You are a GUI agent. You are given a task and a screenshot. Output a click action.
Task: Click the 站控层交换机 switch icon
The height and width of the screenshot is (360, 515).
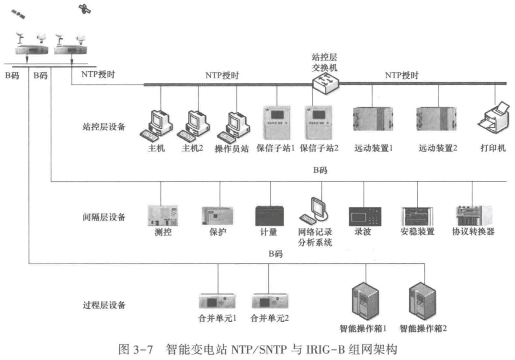pyautogui.click(x=324, y=84)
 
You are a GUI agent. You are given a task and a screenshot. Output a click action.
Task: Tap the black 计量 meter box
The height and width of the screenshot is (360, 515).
pyautogui.click(x=271, y=215)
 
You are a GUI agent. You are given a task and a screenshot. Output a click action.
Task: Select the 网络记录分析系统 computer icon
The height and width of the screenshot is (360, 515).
pyautogui.click(x=316, y=211)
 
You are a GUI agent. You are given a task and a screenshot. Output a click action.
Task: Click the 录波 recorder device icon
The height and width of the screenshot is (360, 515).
pyautogui.click(x=365, y=216)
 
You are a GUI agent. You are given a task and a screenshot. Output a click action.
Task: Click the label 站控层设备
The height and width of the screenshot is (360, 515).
pyautogui.click(x=104, y=127)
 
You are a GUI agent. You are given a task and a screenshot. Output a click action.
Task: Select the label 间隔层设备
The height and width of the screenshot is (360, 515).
pyautogui.click(x=104, y=217)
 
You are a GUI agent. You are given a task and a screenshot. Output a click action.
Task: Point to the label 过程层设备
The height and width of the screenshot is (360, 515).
pyautogui.click(x=104, y=305)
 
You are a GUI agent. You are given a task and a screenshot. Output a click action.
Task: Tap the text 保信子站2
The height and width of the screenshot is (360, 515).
pyautogui.click(x=319, y=148)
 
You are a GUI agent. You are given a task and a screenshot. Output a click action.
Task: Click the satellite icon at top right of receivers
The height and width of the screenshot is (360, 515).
pyautogui.click(x=85, y=8)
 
